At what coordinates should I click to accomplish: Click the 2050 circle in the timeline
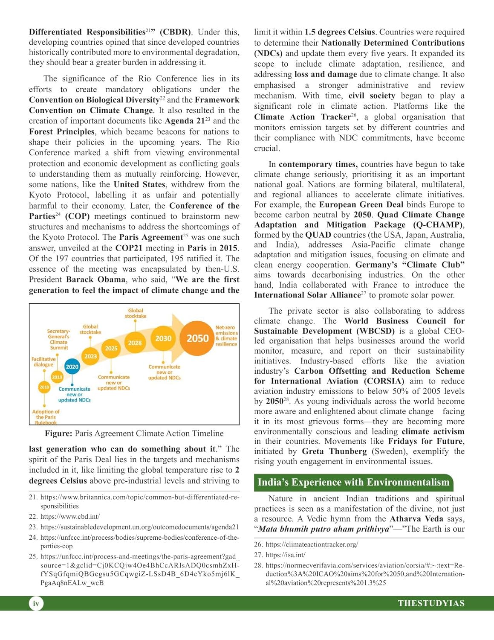click(x=197, y=338)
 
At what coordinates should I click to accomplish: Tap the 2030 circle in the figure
click(x=163, y=338)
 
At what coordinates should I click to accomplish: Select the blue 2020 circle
click(x=72, y=367)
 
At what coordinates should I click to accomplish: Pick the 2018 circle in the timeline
click(x=44, y=387)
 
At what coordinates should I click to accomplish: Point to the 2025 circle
click(x=111, y=348)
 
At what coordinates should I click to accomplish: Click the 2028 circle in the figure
click(x=135, y=343)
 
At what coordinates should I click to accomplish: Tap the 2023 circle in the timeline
click(x=90, y=356)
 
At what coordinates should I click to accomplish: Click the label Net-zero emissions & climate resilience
click(x=226, y=336)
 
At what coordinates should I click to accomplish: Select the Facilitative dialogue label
click(x=43, y=362)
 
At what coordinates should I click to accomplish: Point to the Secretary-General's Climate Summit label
click(x=58, y=339)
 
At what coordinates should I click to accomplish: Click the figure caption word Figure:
click(x=58, y=433)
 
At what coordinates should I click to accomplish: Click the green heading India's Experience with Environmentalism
click(x=353, y=483)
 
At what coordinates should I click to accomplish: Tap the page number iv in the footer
click(x=36, y=603)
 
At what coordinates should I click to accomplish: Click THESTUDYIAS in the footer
click(x=431, y=603)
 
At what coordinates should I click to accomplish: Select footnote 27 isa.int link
click(x=285, y=555)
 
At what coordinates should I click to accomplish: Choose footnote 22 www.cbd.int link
click(x=70, y=516)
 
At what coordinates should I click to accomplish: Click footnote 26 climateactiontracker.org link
click(x=312, y=544)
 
